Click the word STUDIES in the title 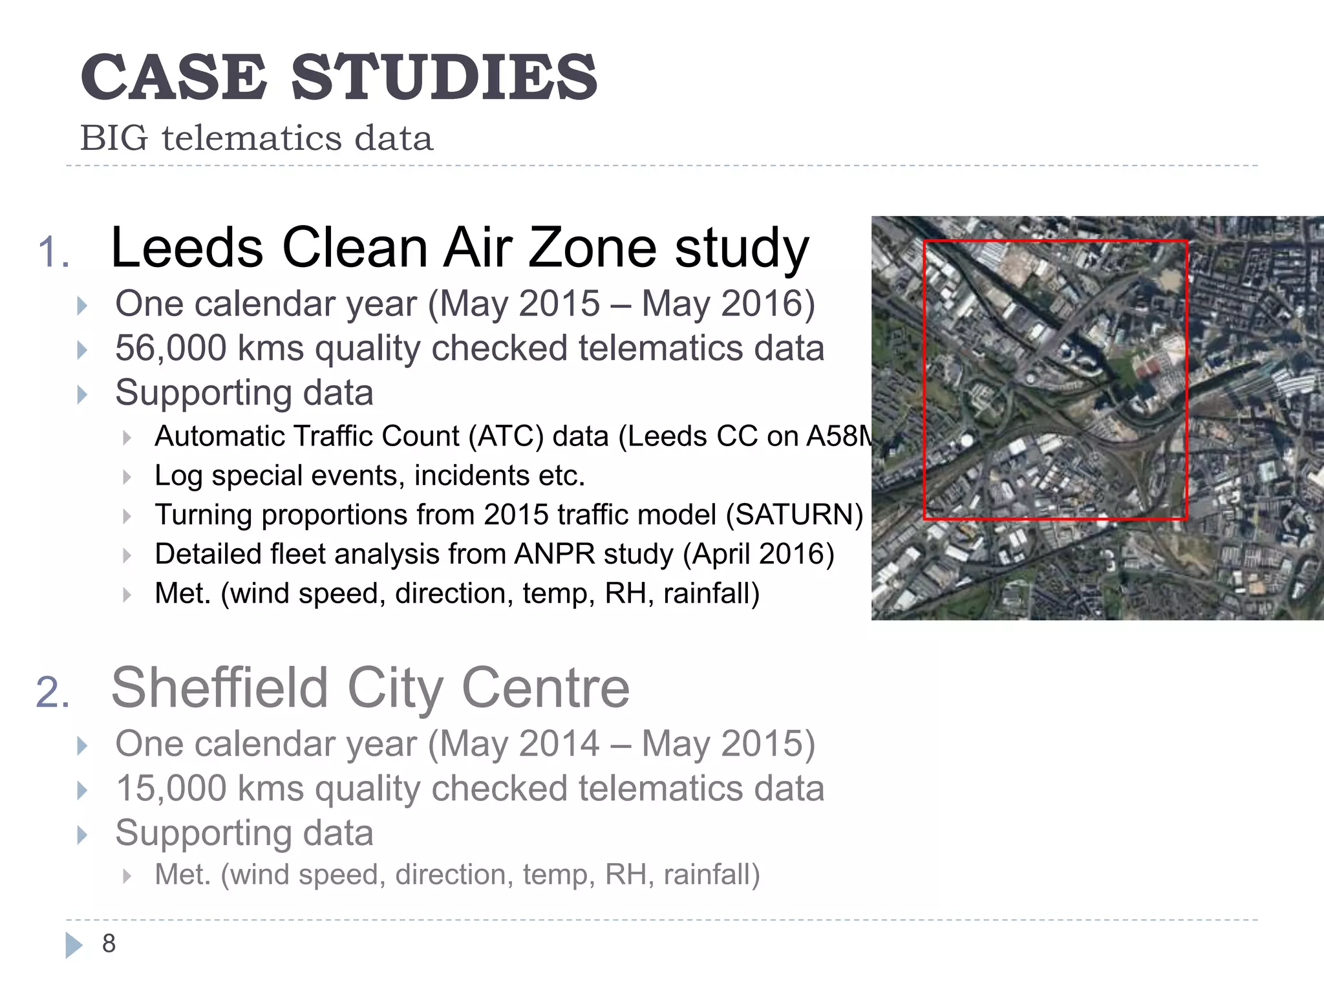click(x=444, y=78)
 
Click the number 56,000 click(x=171, y=348)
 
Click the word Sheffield click(x=220, y=688)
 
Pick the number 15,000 click(x=171, y=789)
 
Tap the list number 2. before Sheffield click(x=52, y=692)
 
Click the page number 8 click(x=109, y=944)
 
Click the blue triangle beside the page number click(x=74, y=945)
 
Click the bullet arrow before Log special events click(x=127, y=478)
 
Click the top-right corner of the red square click(x=1186, y=242)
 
